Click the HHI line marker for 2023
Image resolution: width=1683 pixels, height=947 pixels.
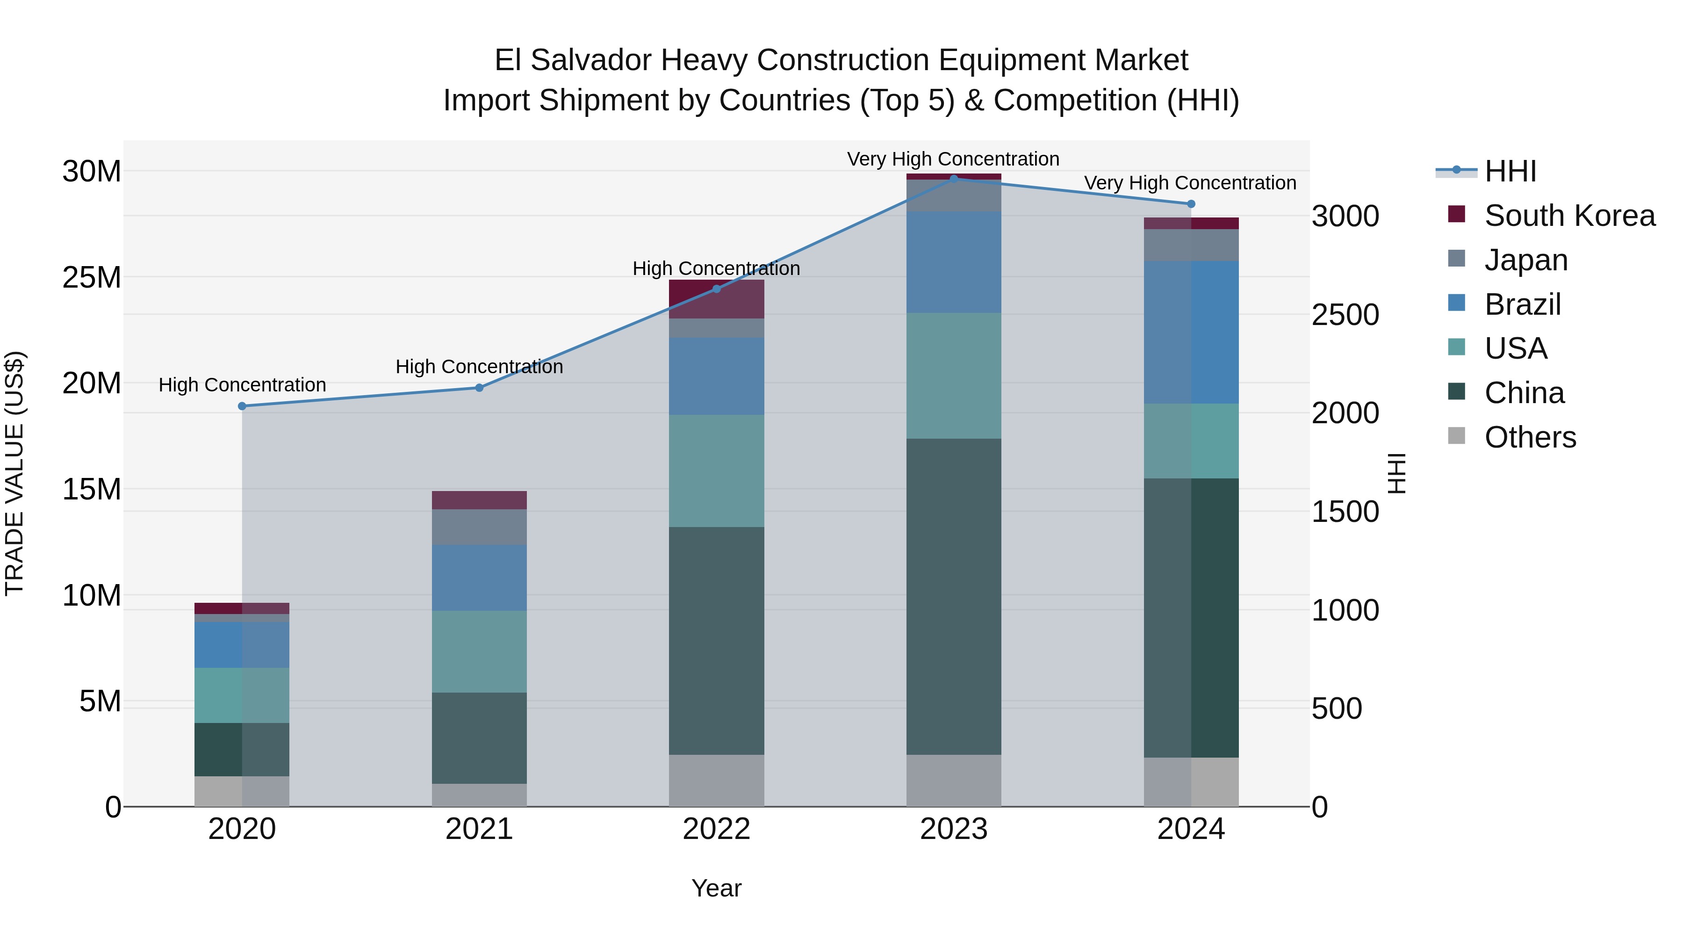953,179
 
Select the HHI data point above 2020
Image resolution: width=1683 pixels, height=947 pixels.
242,406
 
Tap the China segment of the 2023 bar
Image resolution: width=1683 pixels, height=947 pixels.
953,596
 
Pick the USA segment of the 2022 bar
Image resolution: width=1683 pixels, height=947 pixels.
716,470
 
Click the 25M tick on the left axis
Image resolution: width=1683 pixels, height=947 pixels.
92,278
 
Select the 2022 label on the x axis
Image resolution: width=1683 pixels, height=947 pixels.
716,829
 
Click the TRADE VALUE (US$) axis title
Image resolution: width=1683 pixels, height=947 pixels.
14,473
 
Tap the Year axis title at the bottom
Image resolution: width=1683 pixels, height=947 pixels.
716,888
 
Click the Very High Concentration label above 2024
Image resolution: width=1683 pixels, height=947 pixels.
1190,183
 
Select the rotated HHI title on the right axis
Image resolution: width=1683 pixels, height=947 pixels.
1396,473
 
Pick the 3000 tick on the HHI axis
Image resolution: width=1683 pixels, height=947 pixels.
1345,217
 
